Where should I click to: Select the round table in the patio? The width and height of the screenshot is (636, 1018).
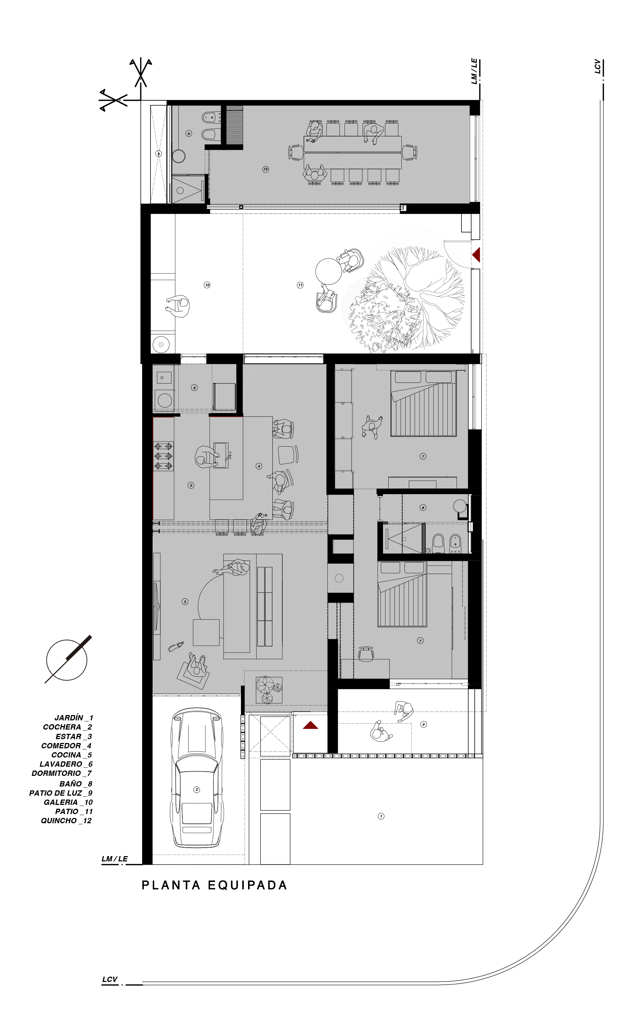coord(329,271)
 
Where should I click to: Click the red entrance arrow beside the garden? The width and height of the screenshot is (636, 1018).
coord(311,725)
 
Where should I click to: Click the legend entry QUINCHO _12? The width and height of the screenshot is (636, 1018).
coord(66,821)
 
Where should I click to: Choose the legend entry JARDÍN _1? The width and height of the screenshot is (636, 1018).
coord(73,718)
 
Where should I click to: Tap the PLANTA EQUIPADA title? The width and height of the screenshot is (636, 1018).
coord(214,885)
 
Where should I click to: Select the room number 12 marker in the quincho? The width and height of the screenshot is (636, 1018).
coord(265,169)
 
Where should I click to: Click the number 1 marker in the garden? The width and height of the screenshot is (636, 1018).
coord(381,816)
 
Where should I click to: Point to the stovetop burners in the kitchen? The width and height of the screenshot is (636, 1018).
coord(163,456)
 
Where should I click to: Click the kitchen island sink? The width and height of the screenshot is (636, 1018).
coord(221,455)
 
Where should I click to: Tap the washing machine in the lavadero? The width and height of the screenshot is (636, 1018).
coord(164,400)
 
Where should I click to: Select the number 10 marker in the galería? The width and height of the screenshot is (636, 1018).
coord(207,285)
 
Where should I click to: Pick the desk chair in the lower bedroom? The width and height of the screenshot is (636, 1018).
coord(366,654)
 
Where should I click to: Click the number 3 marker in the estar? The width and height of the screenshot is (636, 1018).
coord(185,602)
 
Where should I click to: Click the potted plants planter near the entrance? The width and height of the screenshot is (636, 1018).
coord(269,690)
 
